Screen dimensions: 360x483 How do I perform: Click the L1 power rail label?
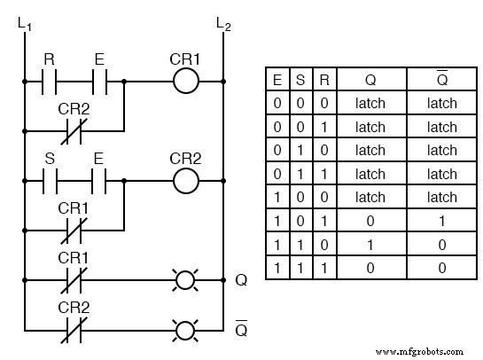tap(23, 26)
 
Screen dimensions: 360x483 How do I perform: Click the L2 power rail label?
tap(222, 26)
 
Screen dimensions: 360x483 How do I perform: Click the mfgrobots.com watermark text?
tap(425, 351)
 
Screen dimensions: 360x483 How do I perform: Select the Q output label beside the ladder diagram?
tap(240, 281)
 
